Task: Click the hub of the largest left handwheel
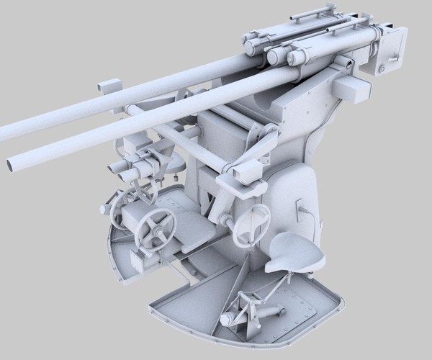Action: click(156, 230)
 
